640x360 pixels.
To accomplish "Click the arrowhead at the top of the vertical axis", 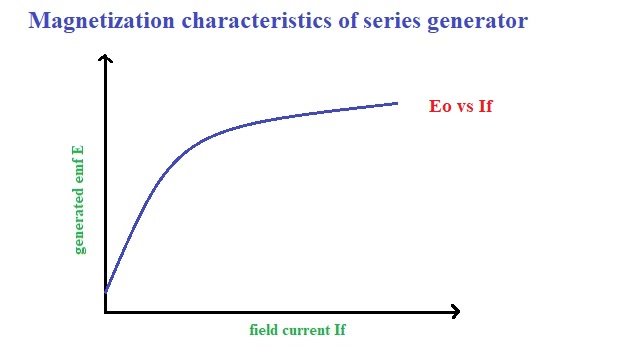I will point(105,60).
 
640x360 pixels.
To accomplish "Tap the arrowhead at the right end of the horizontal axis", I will point(455,312).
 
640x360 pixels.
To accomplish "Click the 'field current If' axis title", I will point(298,330).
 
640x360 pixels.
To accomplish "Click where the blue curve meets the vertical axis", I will point(105,291).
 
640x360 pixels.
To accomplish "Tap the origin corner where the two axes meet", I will point(105,312).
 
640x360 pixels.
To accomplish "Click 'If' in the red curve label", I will point(485,105).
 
